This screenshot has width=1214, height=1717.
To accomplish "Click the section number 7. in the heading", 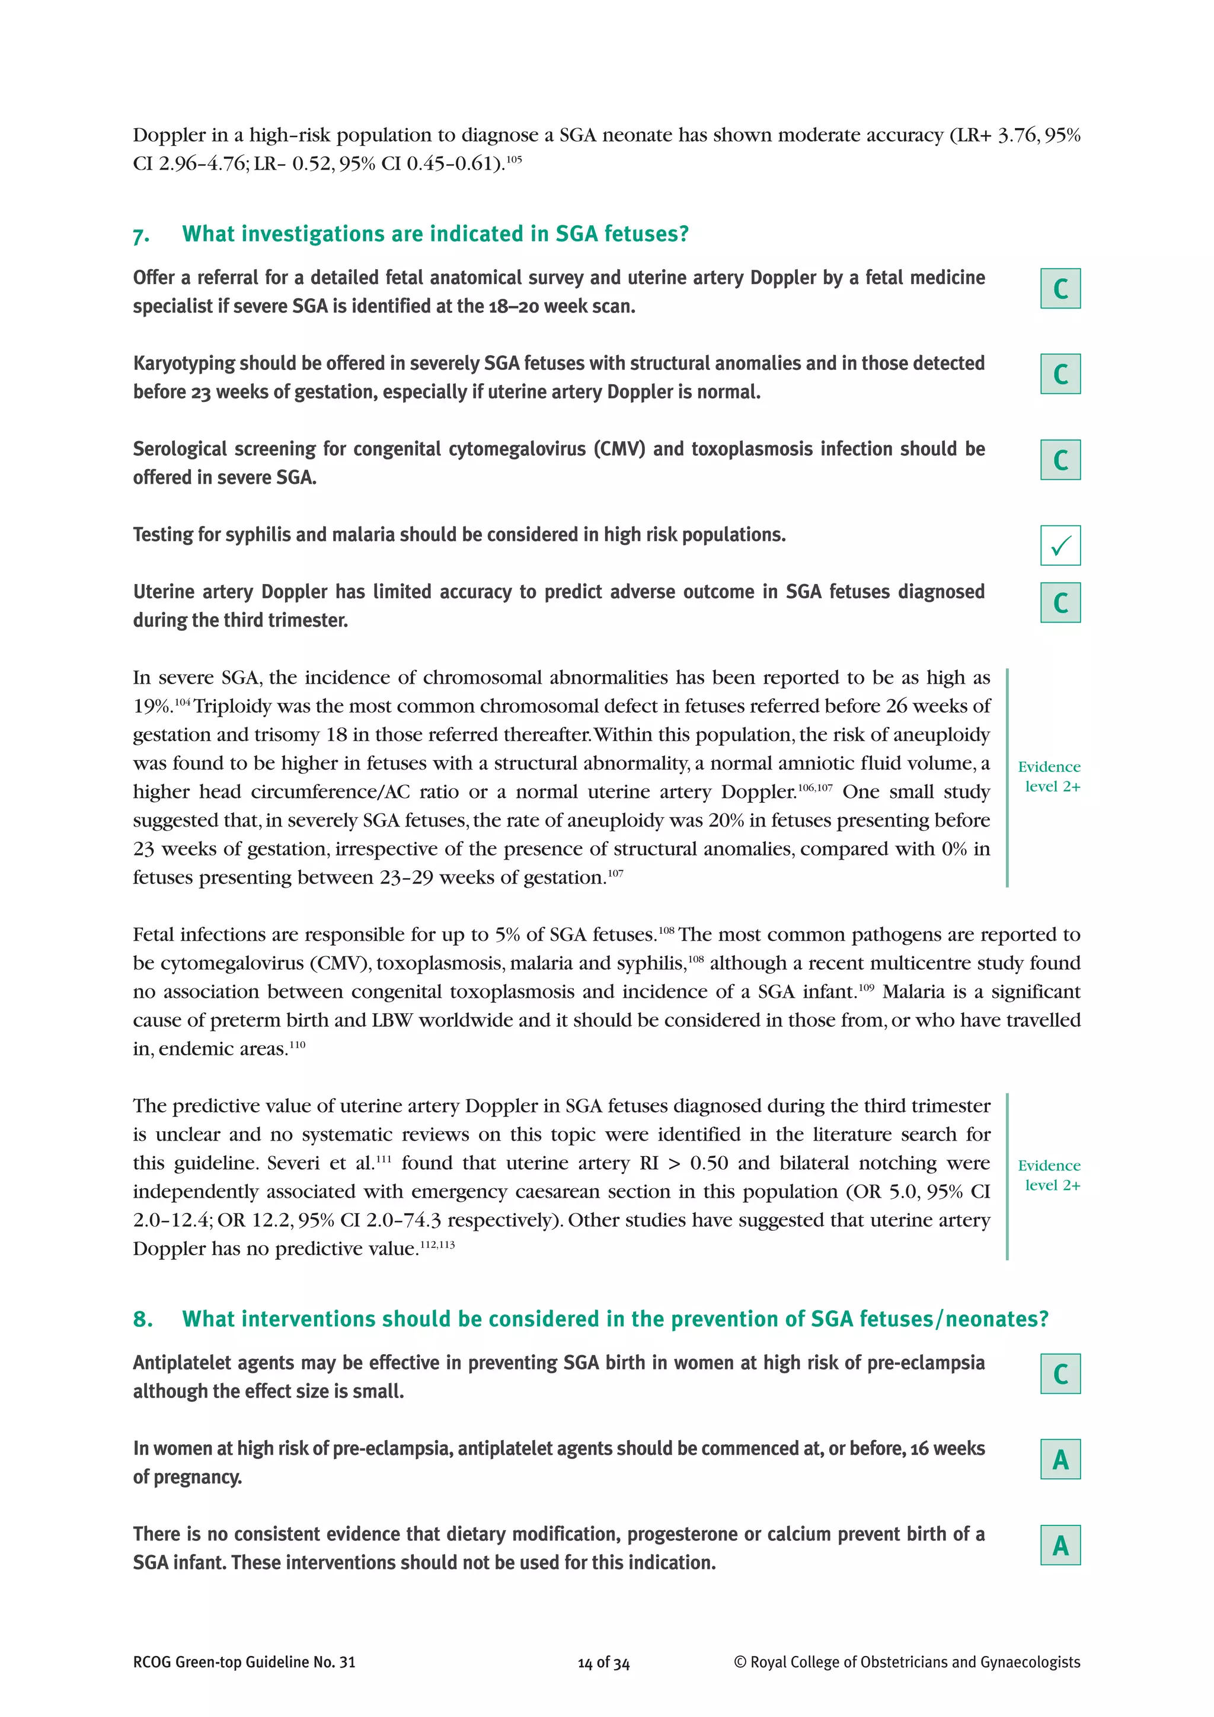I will click(141, 235).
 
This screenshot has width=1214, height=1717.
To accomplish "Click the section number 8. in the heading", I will click(143, 1319).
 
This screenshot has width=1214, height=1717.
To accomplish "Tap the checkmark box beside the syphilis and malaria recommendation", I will click(1060, 546).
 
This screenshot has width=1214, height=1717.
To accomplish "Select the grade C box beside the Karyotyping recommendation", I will click(1060, 374).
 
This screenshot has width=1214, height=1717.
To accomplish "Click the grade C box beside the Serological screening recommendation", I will click(1060, 460).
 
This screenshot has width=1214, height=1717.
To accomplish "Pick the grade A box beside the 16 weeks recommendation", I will click(1060, 1459).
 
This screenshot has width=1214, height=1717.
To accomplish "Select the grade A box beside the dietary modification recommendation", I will click(1060, 1545).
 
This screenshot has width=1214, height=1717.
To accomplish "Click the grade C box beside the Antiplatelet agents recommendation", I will click(1060, 1374).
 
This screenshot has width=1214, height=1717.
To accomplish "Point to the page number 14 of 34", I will click(603, 1663).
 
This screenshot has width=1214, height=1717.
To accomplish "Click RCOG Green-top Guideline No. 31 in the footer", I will click(244, 1662).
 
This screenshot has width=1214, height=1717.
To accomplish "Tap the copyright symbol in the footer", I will click(740, 1662).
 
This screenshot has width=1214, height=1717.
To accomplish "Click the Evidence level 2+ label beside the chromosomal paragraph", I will click(1050, 776).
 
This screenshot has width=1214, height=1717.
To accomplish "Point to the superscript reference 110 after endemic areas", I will click(298, 1045).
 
